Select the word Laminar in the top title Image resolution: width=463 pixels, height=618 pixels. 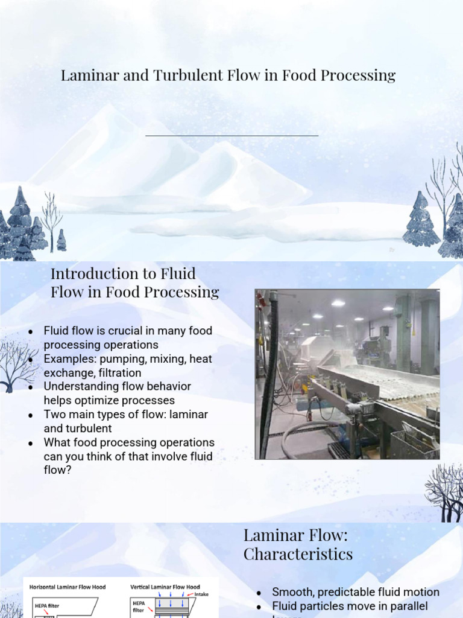tap(84, 75)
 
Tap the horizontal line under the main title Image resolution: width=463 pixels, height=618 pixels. tap(231, 136)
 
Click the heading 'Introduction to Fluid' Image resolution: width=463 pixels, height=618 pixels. tap(123, 273)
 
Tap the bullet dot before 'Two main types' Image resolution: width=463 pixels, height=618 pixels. tap(31, 415)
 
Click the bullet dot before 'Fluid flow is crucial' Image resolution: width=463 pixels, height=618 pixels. tap(31, 331)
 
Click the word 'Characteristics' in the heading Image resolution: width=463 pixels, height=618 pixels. tap(298, 553)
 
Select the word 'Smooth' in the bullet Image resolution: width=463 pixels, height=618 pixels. tap(292, 592)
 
